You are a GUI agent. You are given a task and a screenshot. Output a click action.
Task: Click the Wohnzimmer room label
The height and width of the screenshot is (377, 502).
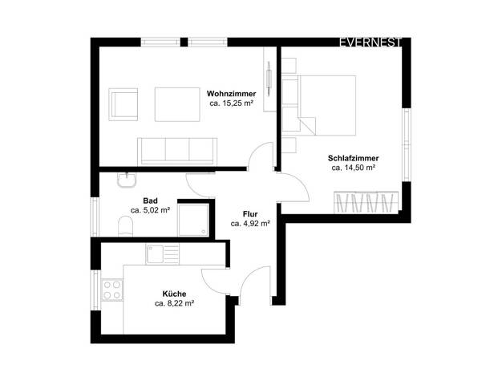(231, 94)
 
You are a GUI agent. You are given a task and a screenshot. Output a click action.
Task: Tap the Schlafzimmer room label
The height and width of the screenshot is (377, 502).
(353, 158)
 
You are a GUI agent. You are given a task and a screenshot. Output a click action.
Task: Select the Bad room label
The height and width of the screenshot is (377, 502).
(150, 201)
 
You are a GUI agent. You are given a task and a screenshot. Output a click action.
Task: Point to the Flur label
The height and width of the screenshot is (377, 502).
(250, 214)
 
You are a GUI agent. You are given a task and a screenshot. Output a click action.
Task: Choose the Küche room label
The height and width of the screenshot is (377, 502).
(174, 294)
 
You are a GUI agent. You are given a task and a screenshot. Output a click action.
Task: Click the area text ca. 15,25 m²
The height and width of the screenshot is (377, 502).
(232, 103)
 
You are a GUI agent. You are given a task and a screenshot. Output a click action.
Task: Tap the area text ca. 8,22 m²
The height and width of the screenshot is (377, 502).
(175, 303)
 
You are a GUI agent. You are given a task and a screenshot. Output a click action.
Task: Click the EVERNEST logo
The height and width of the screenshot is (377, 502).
(370, 43)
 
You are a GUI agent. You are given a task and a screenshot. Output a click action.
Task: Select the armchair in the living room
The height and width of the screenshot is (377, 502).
(123, 104)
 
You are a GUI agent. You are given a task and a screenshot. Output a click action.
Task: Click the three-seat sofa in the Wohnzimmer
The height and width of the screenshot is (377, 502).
(177, 152)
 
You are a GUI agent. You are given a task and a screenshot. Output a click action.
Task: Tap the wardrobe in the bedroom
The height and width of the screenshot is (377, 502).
(366, 202)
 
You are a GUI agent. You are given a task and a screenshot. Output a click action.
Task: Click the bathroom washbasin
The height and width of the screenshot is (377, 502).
(127, 180)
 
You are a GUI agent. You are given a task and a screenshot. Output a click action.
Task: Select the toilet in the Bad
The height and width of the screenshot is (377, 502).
(125, 226)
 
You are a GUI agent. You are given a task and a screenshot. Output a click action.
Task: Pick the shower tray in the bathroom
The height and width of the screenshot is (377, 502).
(193, 220)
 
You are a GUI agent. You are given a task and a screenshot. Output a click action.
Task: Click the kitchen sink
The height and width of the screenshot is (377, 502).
(162, 254)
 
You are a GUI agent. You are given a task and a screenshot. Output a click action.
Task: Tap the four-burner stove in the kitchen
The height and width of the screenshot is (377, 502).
(112, 290)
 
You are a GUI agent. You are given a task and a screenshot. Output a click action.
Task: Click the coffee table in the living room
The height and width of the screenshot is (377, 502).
(177, 104)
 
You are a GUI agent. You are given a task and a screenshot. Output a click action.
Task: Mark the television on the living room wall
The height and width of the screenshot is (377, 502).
(269, 78)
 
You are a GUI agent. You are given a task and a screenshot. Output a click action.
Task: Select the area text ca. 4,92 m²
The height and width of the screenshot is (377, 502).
(250, 224)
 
